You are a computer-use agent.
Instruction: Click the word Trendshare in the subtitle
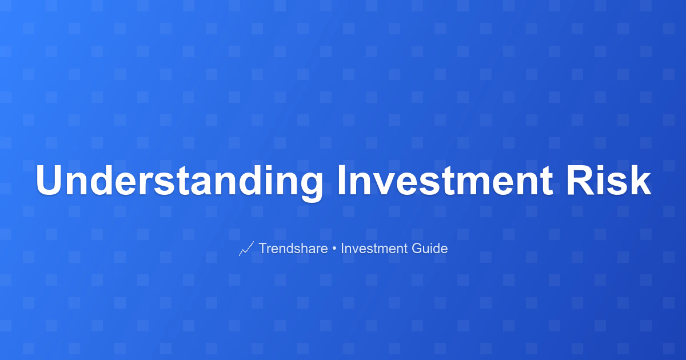[293, 248]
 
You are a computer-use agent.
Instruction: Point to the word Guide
[430, 248]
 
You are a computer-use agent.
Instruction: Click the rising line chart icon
[246, 249]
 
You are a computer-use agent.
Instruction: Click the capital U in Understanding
[49, 181]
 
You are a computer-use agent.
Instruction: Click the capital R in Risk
[580, 180]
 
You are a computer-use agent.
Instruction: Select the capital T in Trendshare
[264, 248]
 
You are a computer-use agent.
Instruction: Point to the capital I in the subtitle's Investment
[342, 248]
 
